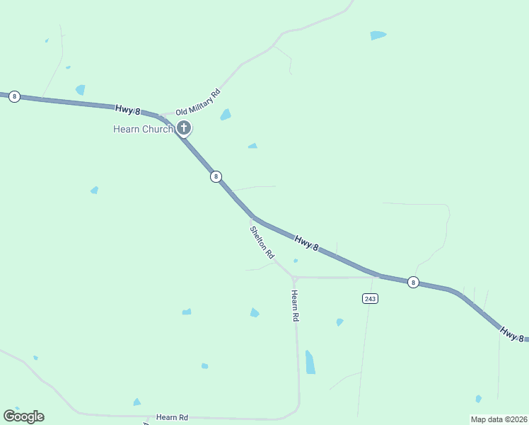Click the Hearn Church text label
143,129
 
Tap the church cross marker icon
184,128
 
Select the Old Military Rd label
198,103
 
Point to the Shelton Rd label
262,242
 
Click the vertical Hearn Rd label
296,306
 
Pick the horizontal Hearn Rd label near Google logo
172,418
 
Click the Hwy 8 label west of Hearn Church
128,110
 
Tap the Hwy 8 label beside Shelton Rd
307,243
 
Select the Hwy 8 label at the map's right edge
512,333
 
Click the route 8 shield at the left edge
14,96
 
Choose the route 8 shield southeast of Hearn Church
216,176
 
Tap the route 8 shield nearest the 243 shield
413,282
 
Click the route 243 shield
371,298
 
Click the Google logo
23,416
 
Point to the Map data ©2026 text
499,419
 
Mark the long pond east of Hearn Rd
310,362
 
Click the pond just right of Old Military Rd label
226,115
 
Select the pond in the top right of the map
378,35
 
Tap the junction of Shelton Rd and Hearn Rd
293,277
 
